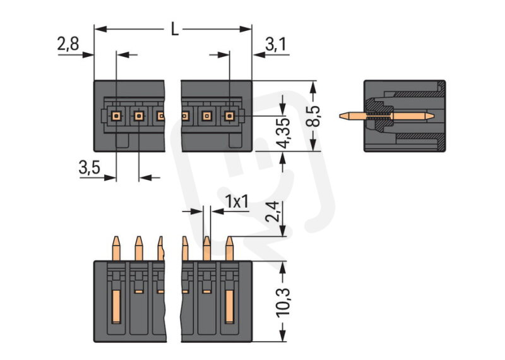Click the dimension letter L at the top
(x=174, y=29)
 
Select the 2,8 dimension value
(x=68, y=44)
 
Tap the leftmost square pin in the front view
(x=117, y=116)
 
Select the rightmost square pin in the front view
(x=229, y=116)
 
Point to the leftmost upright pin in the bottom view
(x=116, y=248)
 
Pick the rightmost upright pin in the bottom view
(x=229, y=248)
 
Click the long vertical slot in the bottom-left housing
(x=116, y=306)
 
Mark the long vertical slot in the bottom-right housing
(x=229, y=306)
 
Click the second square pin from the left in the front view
(x=139, y=116)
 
